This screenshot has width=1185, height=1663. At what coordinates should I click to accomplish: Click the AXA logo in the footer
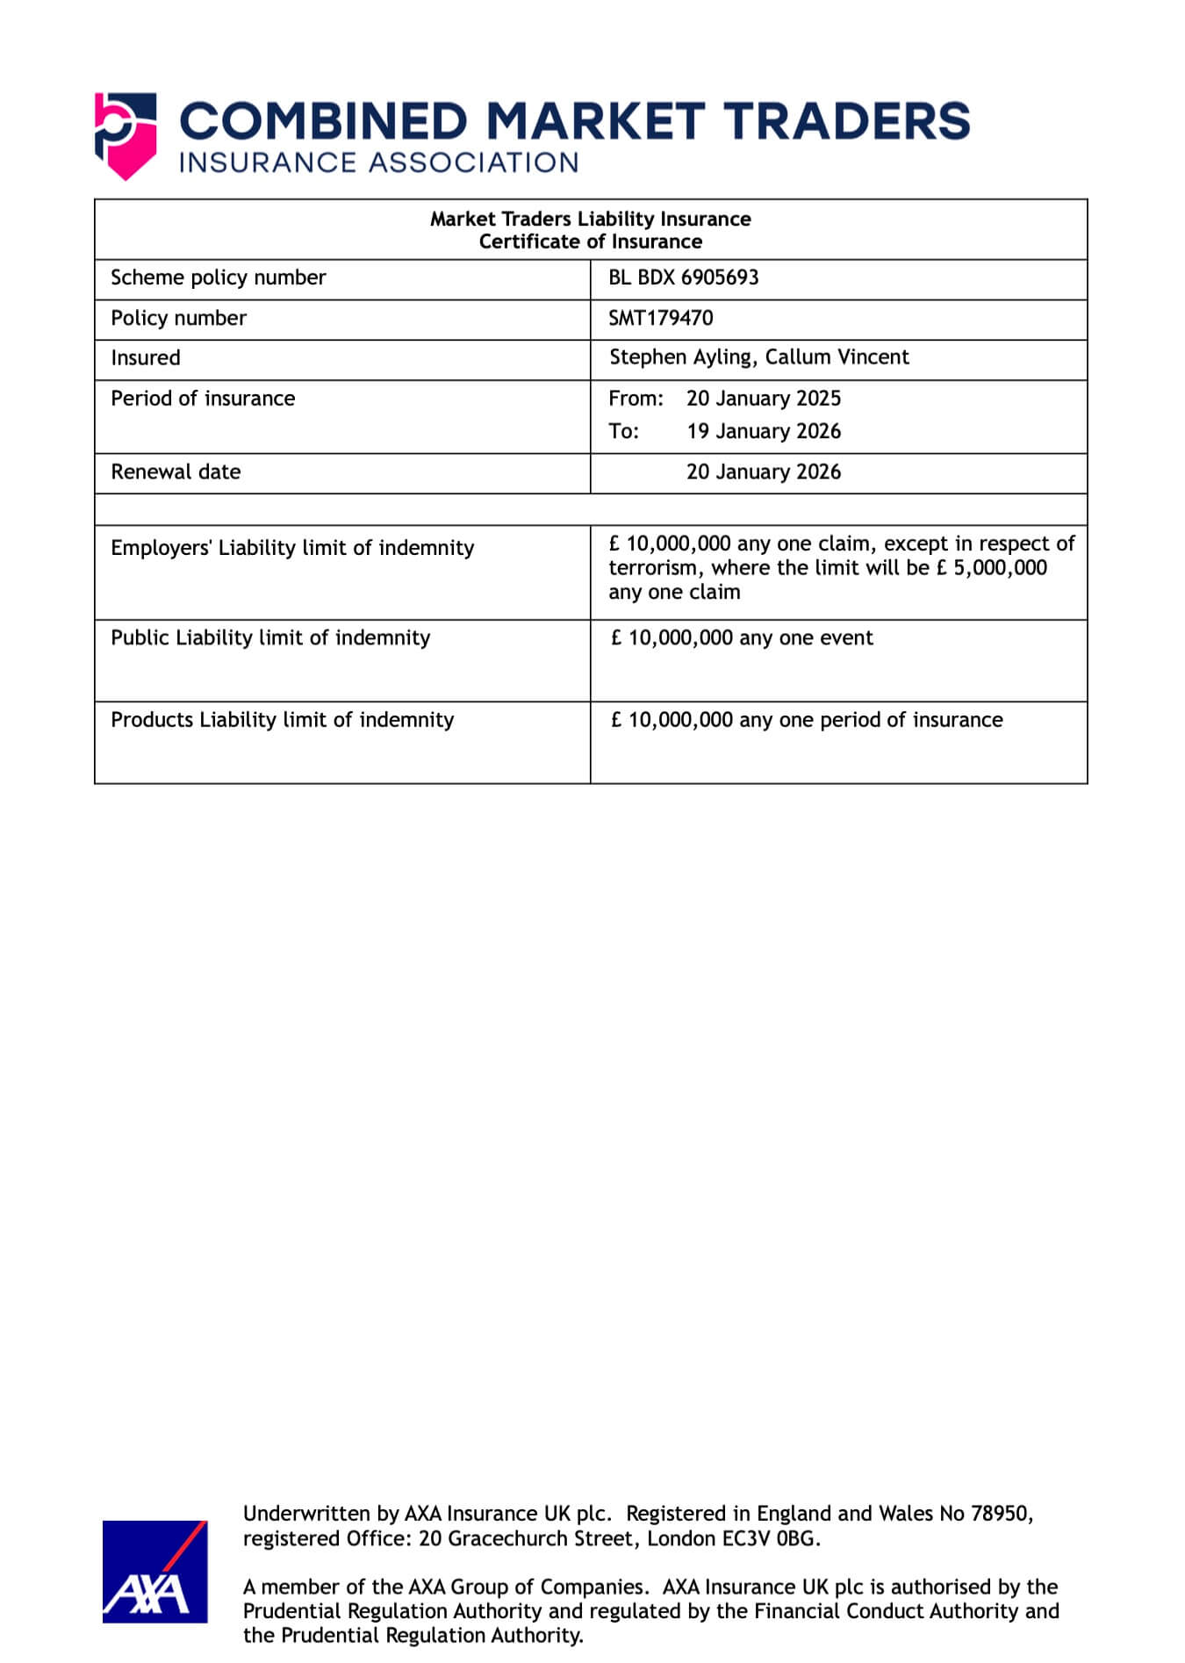[x=154, y=1571]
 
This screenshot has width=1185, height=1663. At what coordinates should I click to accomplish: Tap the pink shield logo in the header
[x=126, y=136]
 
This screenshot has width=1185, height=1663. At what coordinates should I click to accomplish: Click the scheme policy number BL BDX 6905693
[x=683, y=277]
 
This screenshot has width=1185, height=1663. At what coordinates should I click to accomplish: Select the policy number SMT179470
[x=660, y=318]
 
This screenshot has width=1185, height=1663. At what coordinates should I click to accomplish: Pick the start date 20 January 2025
[x=763, y=399]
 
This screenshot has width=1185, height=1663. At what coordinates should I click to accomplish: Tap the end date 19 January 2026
[x=763, y=431]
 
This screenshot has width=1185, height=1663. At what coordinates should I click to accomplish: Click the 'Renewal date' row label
[x=176, y=472]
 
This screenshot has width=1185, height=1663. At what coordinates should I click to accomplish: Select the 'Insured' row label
[x=146, y=358]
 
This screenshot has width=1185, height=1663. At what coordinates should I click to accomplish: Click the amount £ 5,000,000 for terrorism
[x=991, y=568]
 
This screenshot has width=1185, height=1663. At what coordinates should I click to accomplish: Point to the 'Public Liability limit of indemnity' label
[x=270, y=637]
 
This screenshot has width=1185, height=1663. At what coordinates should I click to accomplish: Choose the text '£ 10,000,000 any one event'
[x=742, y=638]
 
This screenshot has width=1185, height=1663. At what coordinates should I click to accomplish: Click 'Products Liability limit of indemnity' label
[x=282, y=720]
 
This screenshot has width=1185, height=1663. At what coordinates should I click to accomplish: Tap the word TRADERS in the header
[x=848, y=122]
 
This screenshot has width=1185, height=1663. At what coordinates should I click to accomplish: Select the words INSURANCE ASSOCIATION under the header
[x=378, y=163]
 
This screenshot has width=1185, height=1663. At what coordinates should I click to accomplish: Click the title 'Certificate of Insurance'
[x=590, y=241]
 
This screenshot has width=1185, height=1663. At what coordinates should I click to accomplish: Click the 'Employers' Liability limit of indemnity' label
[x=292, y=548]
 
